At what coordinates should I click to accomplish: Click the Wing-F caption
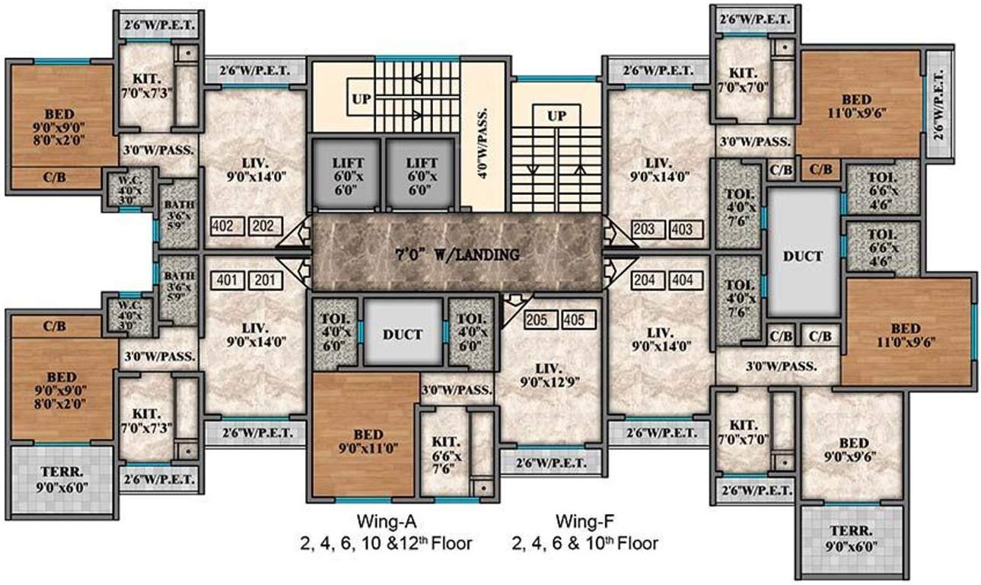click(x=584, y=523)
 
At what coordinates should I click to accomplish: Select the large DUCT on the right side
click(x=803, y=256)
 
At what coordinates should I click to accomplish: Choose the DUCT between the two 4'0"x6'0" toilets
click(x=403, y=334)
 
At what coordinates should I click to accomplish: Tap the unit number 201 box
click(x=266, y=280)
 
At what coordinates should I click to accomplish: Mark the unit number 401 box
click(x=230, y=280)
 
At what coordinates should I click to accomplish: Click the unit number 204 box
click(x=648, y=280)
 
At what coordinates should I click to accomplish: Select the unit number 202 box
click(x=266, y=226)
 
